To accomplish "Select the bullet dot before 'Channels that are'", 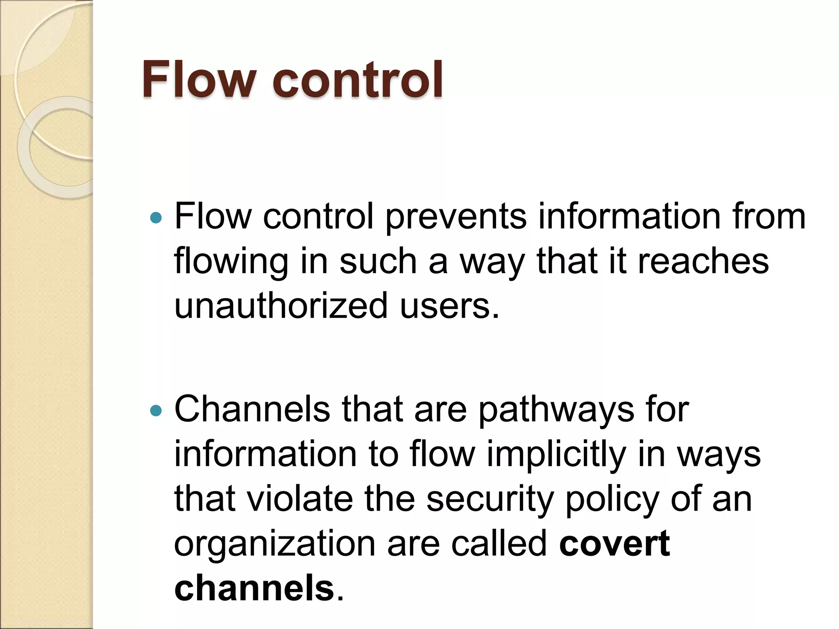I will click(x=156, y=410).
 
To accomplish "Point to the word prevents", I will click(x=456, y=217).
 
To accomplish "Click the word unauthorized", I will click(x=281, y=305).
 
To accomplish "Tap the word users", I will click(x=449, y=305).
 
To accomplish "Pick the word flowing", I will click(x=231, y=262).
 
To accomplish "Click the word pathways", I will click(x=556, y=410).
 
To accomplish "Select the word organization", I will click(x=275, y=544).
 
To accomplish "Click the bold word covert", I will click(x=615, y=544).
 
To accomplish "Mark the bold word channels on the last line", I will click(x=254, y=588).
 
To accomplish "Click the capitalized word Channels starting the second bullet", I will click(x=252, y=410).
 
